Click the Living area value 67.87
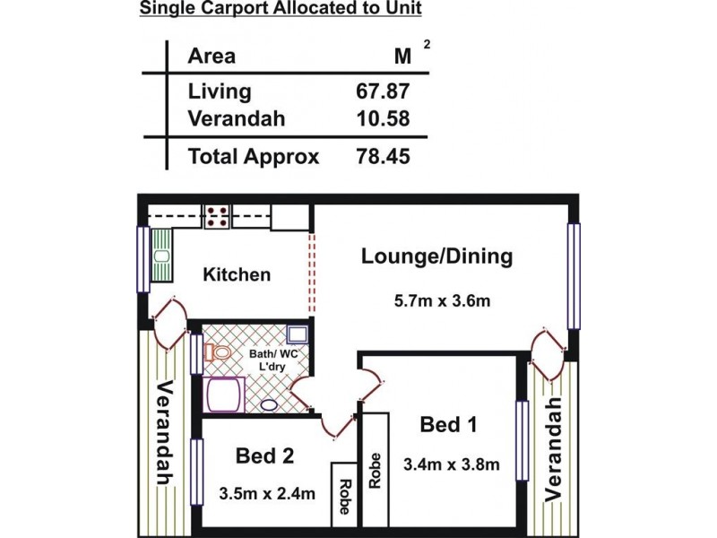[x=383, y=91]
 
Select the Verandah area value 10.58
[x=383, y=118]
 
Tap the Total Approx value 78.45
[x=383, y=156]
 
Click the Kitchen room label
[x=237, y=274]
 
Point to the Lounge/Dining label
[x=437, y=256]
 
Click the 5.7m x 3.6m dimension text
[x=442, y=300]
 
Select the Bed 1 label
[x=449, y=424]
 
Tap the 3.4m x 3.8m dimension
[x=452, y=464]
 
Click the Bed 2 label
[x=264, y=456]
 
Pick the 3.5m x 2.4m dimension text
[x=267, y=494]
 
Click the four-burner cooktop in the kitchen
[x=217, y=217]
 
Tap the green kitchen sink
[x=162, y=256]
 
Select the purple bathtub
[x=225, y=395]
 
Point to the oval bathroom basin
[x=269, y=405]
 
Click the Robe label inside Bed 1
[x=375, y=470]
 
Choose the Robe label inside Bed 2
[x=345, y=497]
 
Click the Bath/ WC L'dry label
[x=273, y=360]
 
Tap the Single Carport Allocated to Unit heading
[x=281, y=8]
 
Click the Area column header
[x=212, y=56]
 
